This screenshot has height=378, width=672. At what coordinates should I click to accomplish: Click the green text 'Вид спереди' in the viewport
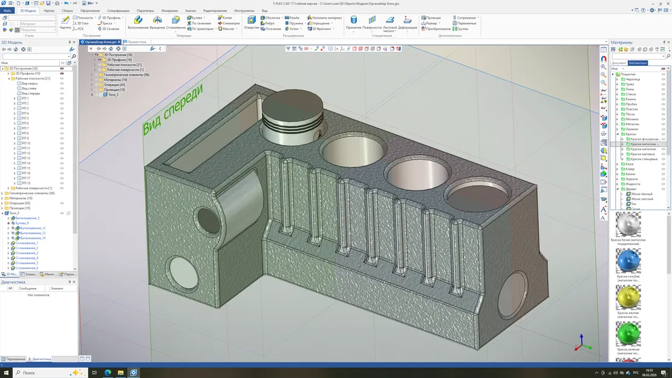click(172, 108)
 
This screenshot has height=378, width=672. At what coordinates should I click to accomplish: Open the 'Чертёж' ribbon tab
click(49, 11)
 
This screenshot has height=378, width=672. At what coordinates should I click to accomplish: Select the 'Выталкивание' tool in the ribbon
click(138, 23)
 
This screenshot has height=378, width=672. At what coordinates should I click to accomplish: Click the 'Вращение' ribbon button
click(157, 23)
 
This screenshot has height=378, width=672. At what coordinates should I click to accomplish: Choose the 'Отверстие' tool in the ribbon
click(252, 22)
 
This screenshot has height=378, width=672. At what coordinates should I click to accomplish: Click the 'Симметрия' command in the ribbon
click(230, 23)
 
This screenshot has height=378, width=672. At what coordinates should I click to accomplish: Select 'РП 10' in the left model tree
click(25, 143)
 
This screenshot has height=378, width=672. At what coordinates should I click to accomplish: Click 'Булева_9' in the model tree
click(22, 223)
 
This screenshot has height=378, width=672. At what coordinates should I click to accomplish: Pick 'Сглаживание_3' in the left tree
click(27, 253)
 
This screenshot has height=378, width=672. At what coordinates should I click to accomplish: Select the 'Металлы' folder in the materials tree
click(632, 124)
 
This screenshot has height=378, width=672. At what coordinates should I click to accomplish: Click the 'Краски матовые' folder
click(644, 154)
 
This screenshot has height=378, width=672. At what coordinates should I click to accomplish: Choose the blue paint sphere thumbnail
click(628, 261)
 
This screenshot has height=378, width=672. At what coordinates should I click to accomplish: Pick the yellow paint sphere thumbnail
click(628, 298)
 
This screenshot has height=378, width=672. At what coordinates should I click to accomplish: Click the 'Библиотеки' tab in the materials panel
click(638, 63)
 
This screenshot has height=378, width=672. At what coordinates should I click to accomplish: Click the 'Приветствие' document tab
click(137, 42)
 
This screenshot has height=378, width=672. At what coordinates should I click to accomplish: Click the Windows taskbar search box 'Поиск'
click(48, 373)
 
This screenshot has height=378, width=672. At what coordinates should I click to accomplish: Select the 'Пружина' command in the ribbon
click(296, 23)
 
